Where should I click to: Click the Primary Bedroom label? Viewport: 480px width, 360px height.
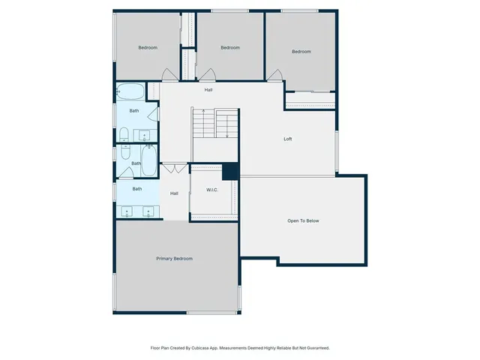[x=174, y=259]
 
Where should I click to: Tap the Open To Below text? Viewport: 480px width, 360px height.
[x=303, y=220]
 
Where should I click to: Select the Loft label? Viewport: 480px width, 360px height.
[x=287, y=139]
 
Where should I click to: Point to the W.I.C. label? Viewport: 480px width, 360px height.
[x=212, y=190]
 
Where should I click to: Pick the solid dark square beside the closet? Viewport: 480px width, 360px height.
[x=230, y=171]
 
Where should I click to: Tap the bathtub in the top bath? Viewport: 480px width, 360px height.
[x=130, y=92]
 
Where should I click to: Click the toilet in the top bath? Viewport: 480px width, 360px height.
[x=124, y=135]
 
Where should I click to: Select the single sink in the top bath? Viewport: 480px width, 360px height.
[x=144, y=136]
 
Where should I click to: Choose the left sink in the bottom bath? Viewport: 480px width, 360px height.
[x=126, y=211]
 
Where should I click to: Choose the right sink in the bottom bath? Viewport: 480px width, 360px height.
[x=148, y=211]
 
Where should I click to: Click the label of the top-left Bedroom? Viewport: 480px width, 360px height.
[x=148, y=48]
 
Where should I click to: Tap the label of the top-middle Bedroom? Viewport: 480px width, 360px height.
[x=229, y=48]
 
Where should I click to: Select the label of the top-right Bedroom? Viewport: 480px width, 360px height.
[x=301, y=51]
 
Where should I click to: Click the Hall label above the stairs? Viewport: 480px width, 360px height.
[x=208, y=90]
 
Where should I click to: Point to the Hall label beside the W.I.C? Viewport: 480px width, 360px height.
[x=174, y=193]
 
